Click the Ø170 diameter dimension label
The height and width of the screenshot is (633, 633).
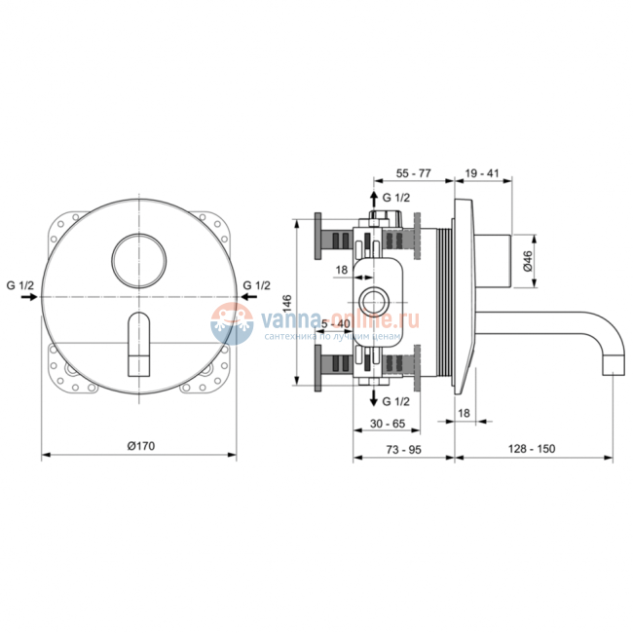(141, 445)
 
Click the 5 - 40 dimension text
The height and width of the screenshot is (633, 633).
(337, 324)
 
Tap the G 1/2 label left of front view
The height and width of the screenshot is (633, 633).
(19, 285)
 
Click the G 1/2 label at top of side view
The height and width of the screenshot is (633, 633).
(395, 198)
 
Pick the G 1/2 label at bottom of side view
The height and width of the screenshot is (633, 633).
(395, 401)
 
